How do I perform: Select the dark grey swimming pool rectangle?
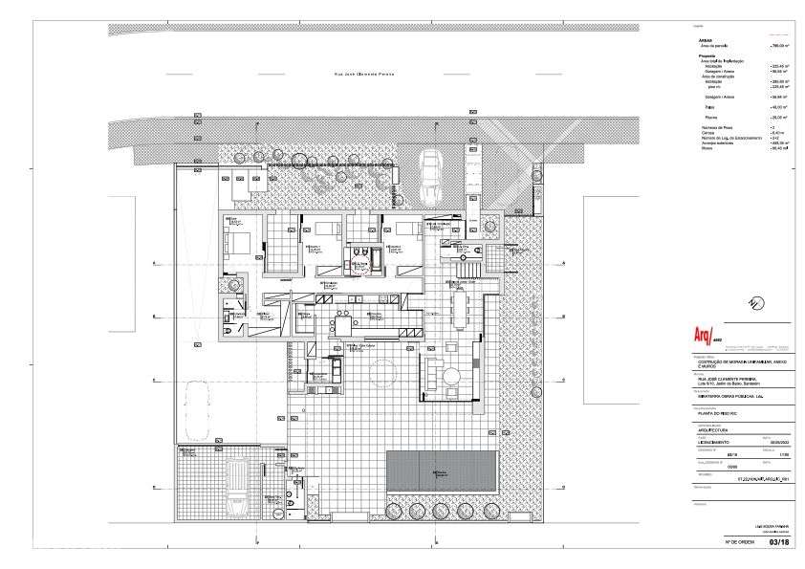(x=441, y=470)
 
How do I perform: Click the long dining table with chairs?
(x=459, y=310)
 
